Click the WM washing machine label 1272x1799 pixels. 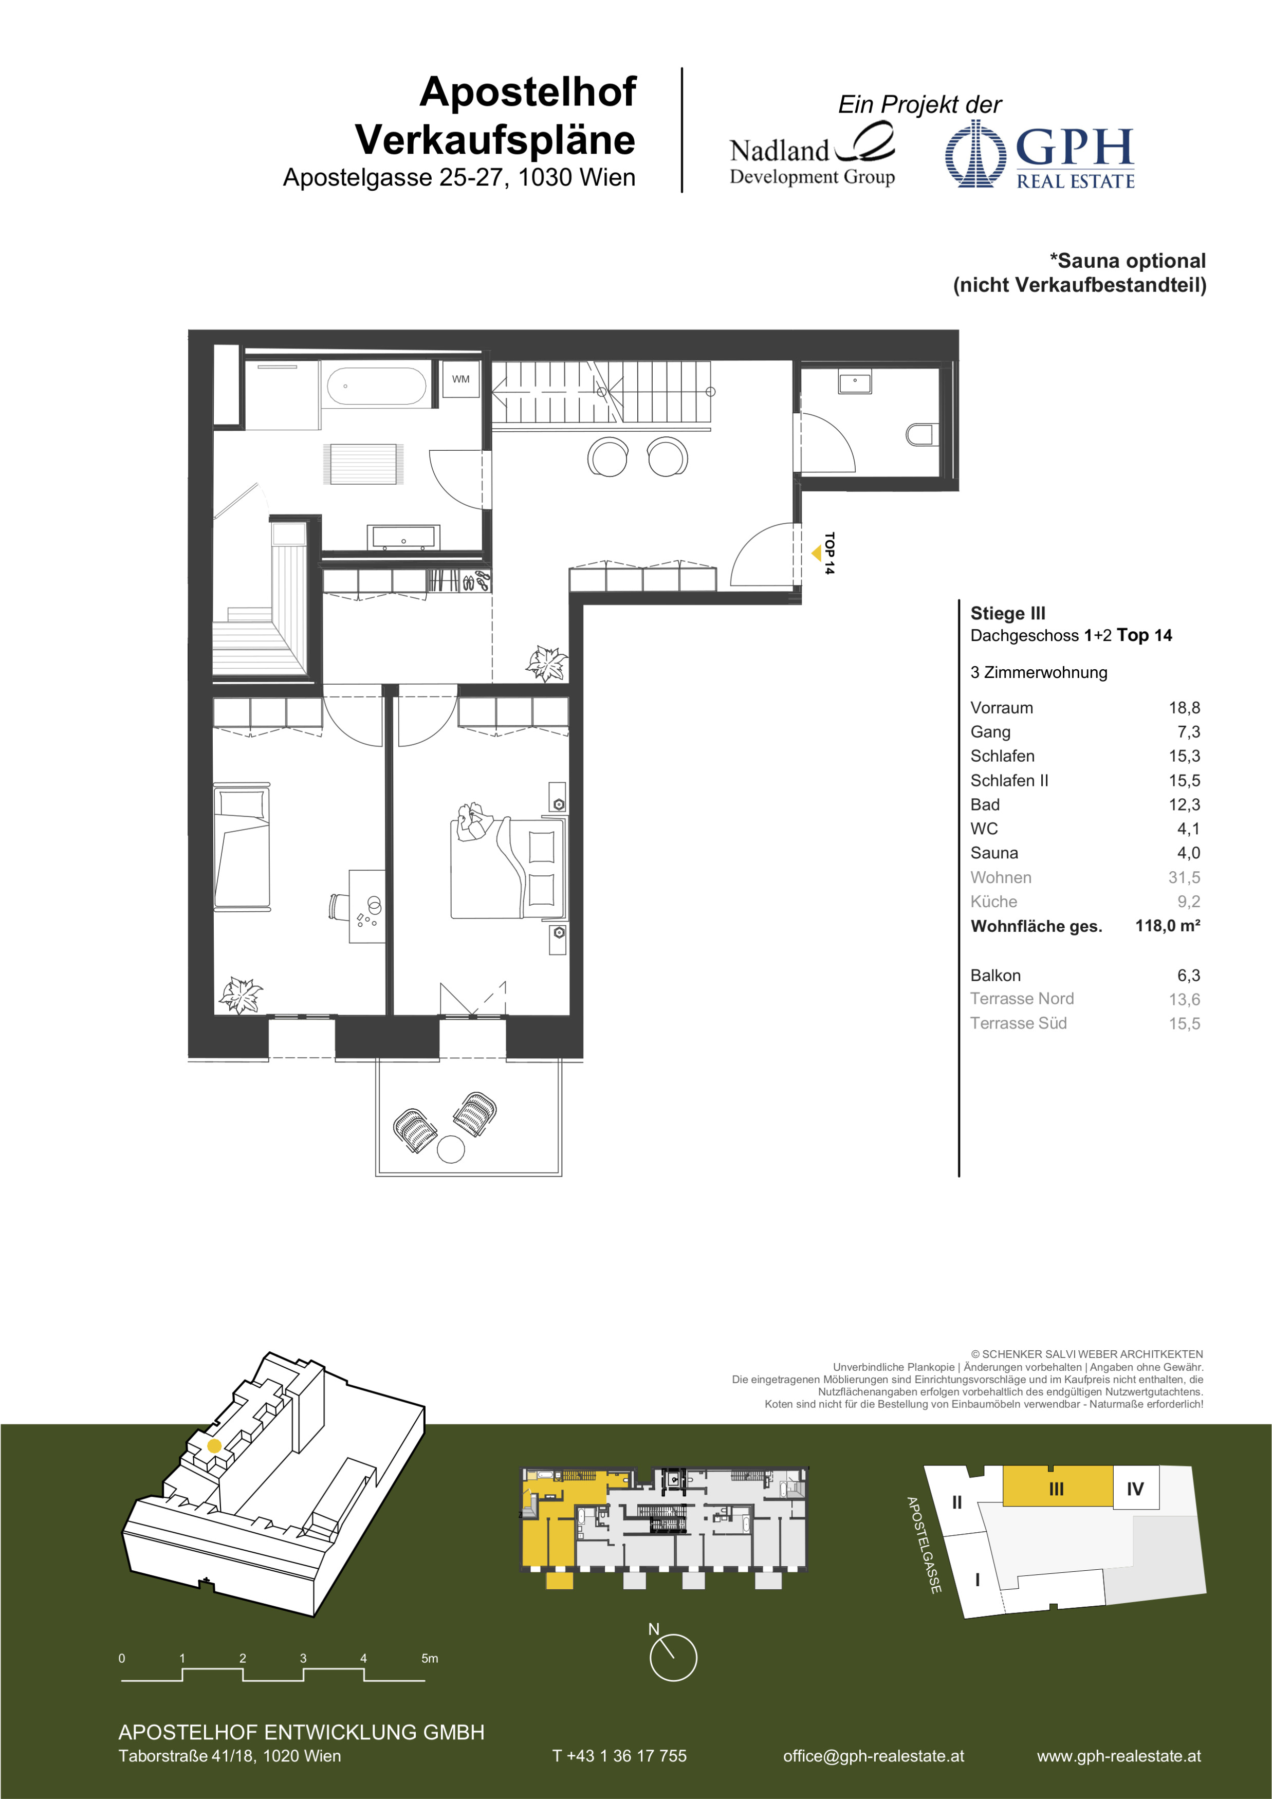point(460,379)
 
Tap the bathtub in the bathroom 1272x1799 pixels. point(376,387)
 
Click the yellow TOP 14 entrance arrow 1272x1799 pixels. point(816,553)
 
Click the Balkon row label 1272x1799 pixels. point(996,976)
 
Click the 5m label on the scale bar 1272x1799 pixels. point(430,1658)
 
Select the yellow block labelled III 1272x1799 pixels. point(1057,1485)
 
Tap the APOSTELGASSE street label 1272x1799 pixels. point(924,1545)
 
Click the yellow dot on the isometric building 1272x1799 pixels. point(214,1445)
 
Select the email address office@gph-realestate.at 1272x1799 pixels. point(873,1756)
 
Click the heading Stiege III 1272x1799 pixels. point(1008,614)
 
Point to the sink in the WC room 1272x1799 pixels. point(855,382)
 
